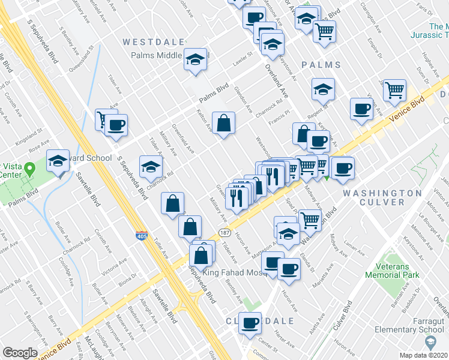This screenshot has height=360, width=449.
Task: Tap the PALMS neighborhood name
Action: (x=321, y=65)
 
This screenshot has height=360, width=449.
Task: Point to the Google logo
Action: (x=20, y=353)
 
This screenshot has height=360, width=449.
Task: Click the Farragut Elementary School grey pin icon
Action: (x=430, y=342)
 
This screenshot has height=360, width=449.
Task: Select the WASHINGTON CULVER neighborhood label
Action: (x=382, y=197)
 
